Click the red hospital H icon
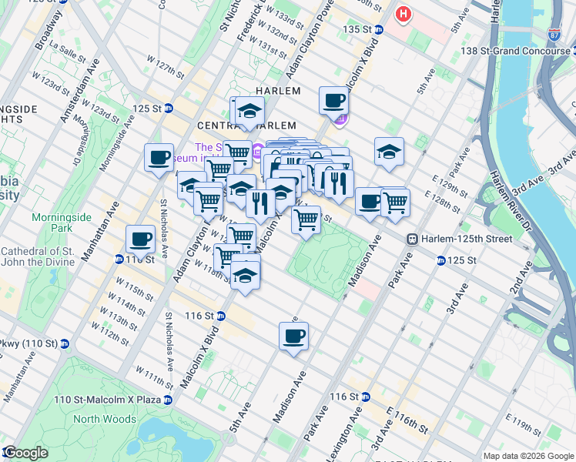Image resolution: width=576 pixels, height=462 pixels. pos(403,14)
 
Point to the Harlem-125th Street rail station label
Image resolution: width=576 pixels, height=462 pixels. pos(465,239)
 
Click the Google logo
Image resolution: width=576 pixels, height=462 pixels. pos(25,453)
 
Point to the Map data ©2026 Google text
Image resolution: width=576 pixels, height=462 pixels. pos(528,456)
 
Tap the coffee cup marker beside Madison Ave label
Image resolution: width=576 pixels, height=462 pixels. pos(294,336)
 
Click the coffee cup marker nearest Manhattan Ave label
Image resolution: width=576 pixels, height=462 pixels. pos(140,239)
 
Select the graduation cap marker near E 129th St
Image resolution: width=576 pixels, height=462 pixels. pos(389,152)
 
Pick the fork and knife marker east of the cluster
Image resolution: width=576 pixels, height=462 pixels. pos(337,183)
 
